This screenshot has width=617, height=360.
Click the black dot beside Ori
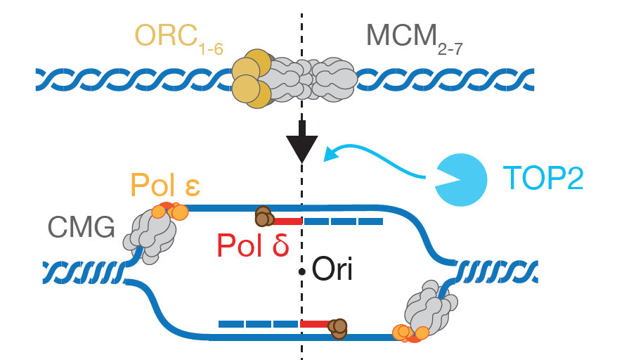[x=302, y=271]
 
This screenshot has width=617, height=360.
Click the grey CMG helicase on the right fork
[x=428, y=306]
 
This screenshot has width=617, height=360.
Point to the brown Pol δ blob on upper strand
[x=264, y=217]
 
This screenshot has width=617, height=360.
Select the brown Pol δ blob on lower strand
[x=338, y=328]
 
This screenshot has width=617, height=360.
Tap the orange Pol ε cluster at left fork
[x=169, y=210]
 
